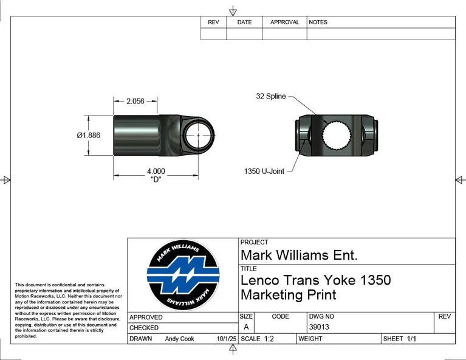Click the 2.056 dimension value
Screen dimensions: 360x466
135,102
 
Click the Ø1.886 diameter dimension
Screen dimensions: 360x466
88,135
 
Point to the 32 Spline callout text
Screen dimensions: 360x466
270,96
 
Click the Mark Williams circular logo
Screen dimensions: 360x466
183,275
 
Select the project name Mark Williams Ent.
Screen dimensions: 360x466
299,255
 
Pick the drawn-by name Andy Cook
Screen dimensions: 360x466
179,339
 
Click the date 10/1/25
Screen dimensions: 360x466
226,339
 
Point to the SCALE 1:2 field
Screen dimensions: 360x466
258,339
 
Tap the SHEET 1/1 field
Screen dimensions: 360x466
399,339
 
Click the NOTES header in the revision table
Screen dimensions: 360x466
318,22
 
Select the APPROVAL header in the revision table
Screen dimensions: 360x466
284,22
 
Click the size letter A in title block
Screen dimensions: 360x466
246,327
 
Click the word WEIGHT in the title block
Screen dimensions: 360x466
310,339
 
